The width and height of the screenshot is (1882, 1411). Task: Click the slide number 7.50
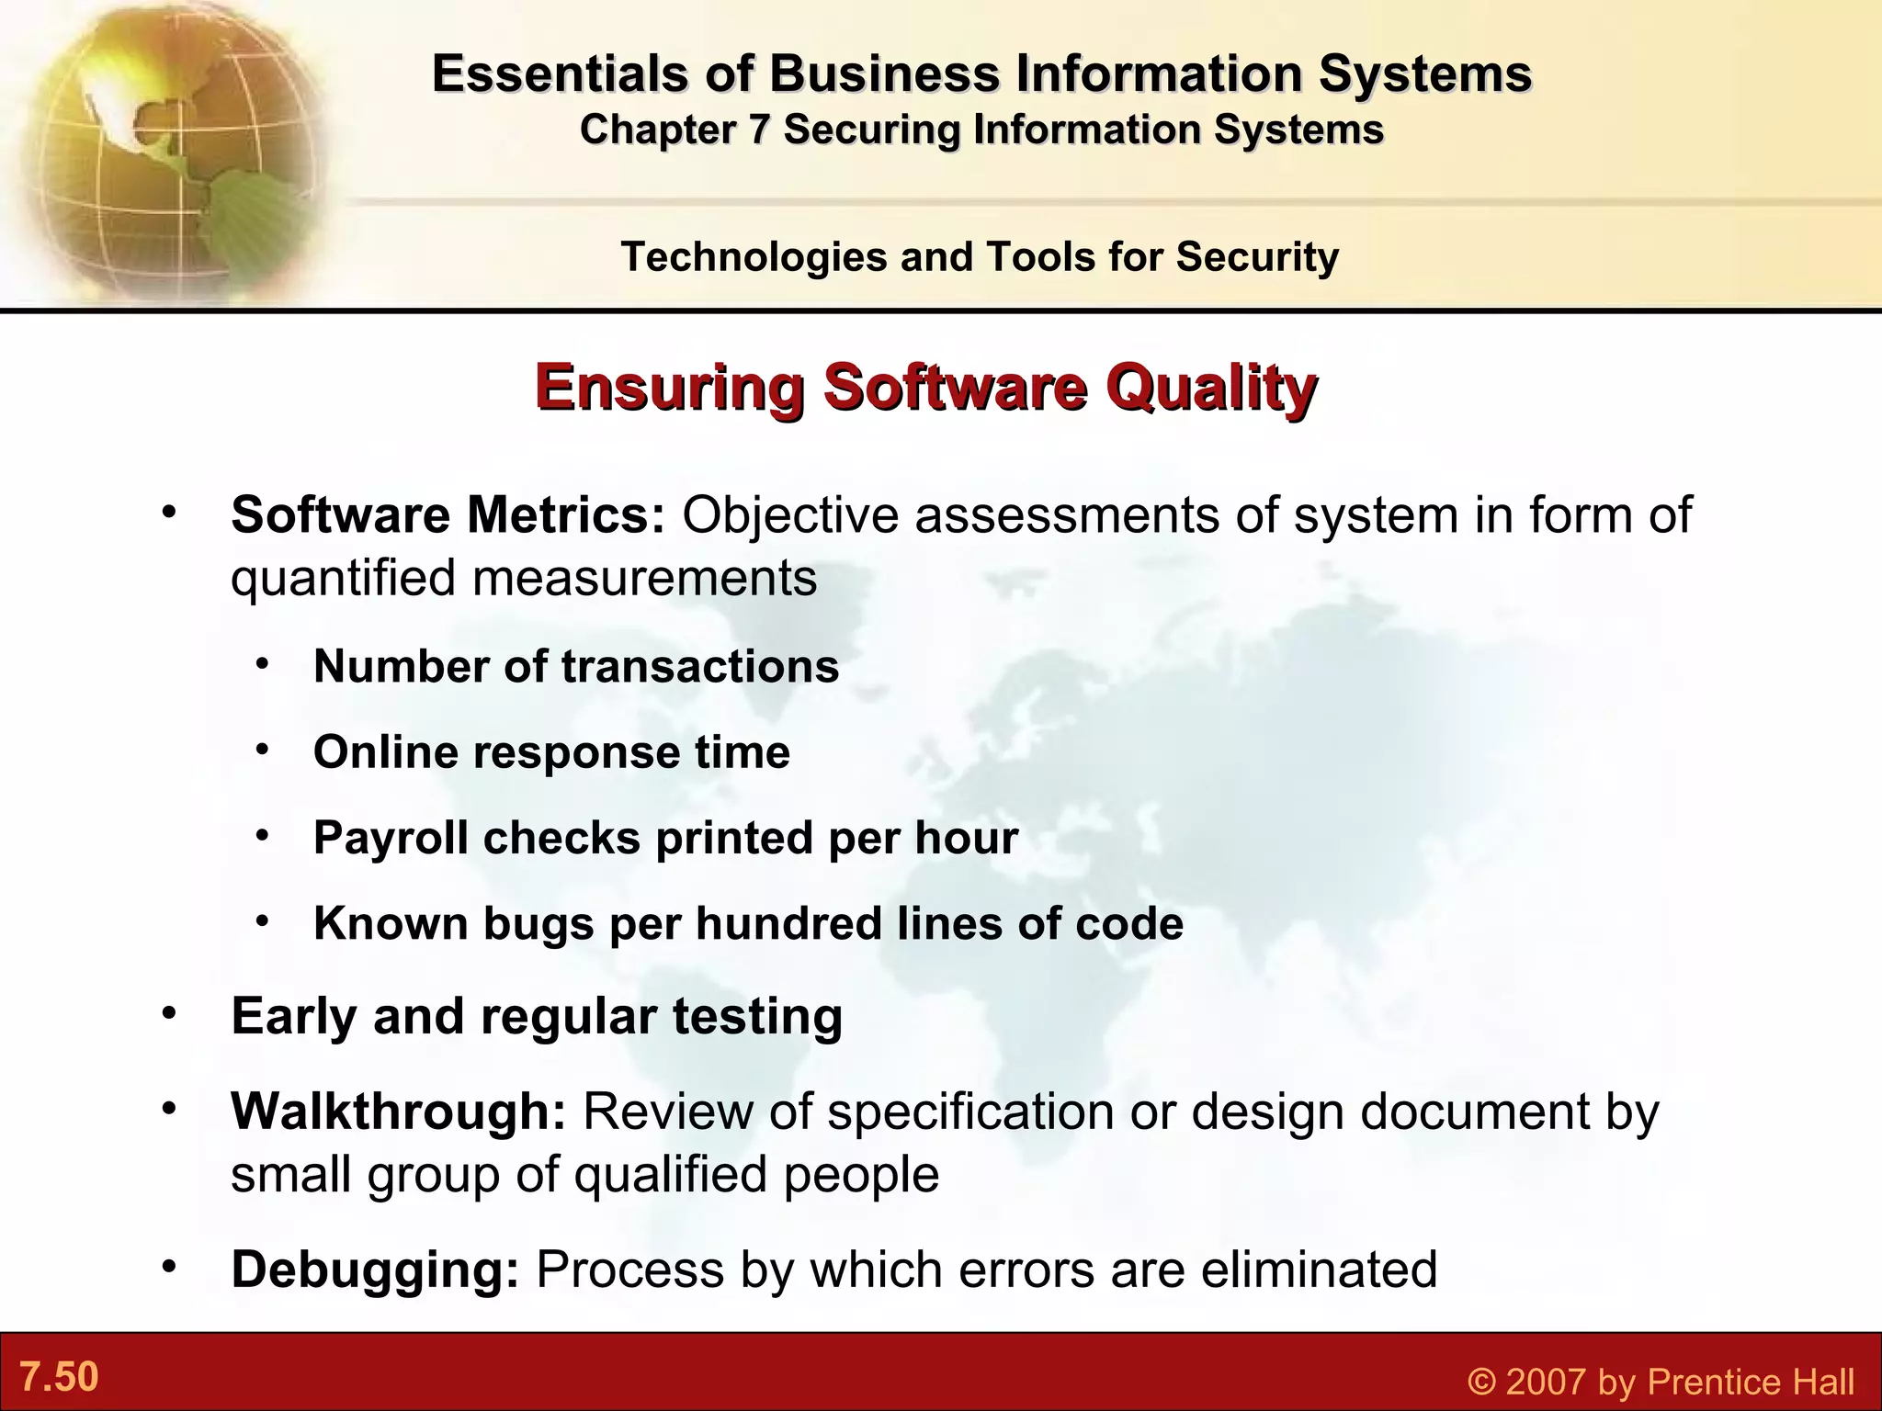59,1377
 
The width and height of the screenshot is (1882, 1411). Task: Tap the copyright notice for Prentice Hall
1661,1382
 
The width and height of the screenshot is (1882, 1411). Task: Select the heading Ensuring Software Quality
925,387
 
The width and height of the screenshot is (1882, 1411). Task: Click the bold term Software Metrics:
448,514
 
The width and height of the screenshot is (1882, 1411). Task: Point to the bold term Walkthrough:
398,1111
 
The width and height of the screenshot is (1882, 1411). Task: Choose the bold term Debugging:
375,1270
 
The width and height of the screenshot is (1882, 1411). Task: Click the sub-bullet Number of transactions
576,666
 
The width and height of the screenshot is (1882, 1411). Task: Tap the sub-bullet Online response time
551,751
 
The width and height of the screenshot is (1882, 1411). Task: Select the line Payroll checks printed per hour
665,837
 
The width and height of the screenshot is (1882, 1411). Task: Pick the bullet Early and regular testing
537,1016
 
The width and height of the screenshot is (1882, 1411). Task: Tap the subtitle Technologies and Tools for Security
980,256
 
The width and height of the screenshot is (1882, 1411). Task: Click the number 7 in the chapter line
758,130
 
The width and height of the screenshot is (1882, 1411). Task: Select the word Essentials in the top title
560,73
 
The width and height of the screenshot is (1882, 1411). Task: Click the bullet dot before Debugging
167,1268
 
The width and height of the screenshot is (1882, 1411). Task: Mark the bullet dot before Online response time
263,750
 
